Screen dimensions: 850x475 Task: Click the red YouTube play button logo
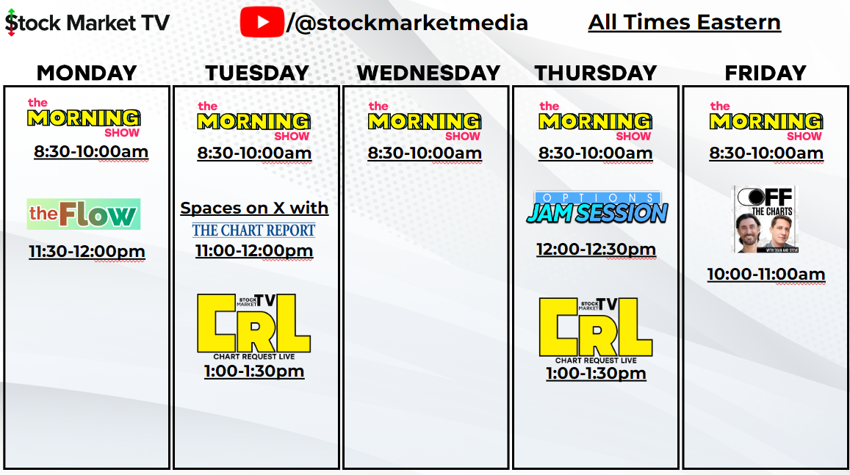click(x=262, y=22)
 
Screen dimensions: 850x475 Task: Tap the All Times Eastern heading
click(x=684, y=22)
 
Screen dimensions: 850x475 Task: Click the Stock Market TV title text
click(x=87, y=23)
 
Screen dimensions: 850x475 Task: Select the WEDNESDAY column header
click(x=428, y=73)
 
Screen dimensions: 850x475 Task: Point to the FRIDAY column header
click(x=766, y=73)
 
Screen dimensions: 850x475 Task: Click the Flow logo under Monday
click(x=84, y=214)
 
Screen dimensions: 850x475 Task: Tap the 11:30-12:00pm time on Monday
click(x=87, y=251)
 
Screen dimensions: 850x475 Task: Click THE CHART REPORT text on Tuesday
click(x=253, y=231)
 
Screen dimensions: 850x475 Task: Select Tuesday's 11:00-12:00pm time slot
click(x=253, y=251)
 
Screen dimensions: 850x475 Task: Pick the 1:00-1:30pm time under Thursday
click(x=596, y=373)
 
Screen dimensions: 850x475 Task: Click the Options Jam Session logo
click(x=597, y=208)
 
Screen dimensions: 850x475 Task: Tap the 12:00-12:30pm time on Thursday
click(x=596, y=249)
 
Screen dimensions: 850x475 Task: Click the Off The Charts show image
click(x=766, y=220)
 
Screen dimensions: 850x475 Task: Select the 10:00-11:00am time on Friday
click(x=766, y=274)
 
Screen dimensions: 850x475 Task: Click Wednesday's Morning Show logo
click(x=425, y=121)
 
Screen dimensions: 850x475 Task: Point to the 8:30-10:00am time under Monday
click(x=91, y=152)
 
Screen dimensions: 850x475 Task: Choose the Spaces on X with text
click(x=254, y=208)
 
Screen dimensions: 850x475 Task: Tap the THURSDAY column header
click(x=596, y=73)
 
